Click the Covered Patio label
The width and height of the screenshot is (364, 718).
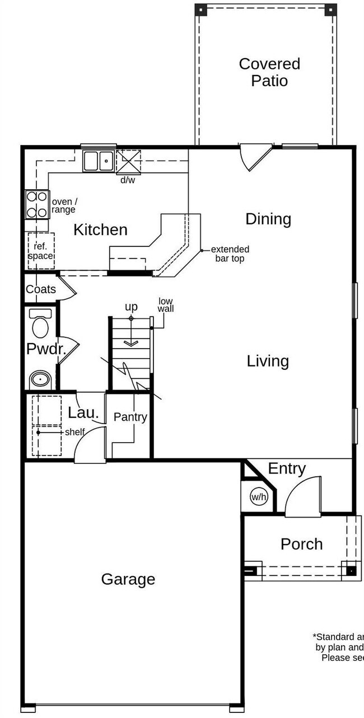(x=269, y=72)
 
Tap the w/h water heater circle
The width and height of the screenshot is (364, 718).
(x=258, y=496)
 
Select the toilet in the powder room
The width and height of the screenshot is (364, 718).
(x=40, y=325)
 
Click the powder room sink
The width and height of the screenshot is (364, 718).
(x=40, y=379)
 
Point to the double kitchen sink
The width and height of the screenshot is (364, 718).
(x=99, y=161)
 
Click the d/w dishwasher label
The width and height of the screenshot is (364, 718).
(x=128, y=180)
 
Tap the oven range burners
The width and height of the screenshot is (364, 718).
(x=36, y=204)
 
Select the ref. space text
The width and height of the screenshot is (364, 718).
(x=41, y=251)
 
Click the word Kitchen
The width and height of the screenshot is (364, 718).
(x=100, y=229)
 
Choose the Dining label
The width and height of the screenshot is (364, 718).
(x=268, y=219)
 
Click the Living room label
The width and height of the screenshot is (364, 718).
(x=268, y=361)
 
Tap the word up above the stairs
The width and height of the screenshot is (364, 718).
(x=131, y=307)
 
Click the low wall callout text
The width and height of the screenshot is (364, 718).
(x=165, y=305)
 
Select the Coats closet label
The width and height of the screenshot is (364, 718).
(x=41, y=289)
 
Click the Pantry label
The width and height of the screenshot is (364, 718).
(x=130, y=417)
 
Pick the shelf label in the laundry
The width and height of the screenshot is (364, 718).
(x=74, y=432)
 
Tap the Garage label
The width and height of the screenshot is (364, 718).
(x=128, y=579)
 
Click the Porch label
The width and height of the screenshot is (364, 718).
(x=301, y=544)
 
